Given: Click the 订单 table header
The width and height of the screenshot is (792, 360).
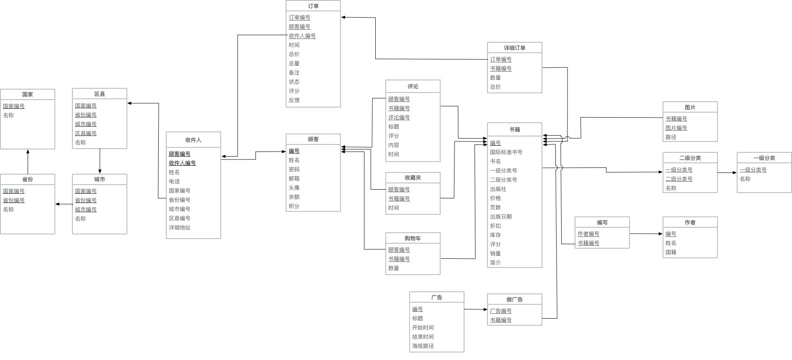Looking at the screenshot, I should (x=313, y=6).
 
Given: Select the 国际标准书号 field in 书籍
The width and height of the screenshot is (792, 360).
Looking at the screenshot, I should (x=506, y=152).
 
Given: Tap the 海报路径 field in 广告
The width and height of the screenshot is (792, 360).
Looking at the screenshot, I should (x=423, y=346).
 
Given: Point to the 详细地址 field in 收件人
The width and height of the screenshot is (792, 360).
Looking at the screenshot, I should (x=179, y=227).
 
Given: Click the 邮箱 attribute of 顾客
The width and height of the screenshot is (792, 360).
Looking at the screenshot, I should (x=294, y=178).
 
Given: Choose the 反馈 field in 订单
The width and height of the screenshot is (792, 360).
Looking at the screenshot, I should (x=294, y=100).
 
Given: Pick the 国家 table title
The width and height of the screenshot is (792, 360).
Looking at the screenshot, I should (x=28, y=94).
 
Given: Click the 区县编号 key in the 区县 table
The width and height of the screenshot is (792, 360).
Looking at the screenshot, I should (x=85, y=133).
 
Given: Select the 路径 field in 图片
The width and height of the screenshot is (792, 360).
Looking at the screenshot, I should (x=671, y=137).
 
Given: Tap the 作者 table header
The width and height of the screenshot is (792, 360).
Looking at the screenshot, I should (x=690, y=222).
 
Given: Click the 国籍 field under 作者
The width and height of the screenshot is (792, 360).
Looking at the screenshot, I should (x=671, y=252).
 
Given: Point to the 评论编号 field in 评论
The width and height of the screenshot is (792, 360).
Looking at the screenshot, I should (x=399, y=117).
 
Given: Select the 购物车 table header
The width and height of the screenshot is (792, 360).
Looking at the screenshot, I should (x=413, y=238).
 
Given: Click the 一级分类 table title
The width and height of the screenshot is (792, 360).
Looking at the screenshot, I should (x=764, y=158).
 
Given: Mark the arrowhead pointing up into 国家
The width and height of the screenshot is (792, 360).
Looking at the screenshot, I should (x=28, y=152).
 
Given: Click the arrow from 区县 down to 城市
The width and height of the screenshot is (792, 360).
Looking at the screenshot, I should (x=100, y=161).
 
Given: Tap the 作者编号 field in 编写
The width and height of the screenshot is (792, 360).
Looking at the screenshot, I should (x=588, y=234).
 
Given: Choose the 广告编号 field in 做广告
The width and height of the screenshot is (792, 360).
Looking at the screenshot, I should (x=500, y=311).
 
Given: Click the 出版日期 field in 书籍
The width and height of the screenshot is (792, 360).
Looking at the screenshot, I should (x=500, y=216).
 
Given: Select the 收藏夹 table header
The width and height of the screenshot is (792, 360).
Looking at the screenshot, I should (x=413, y=177).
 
